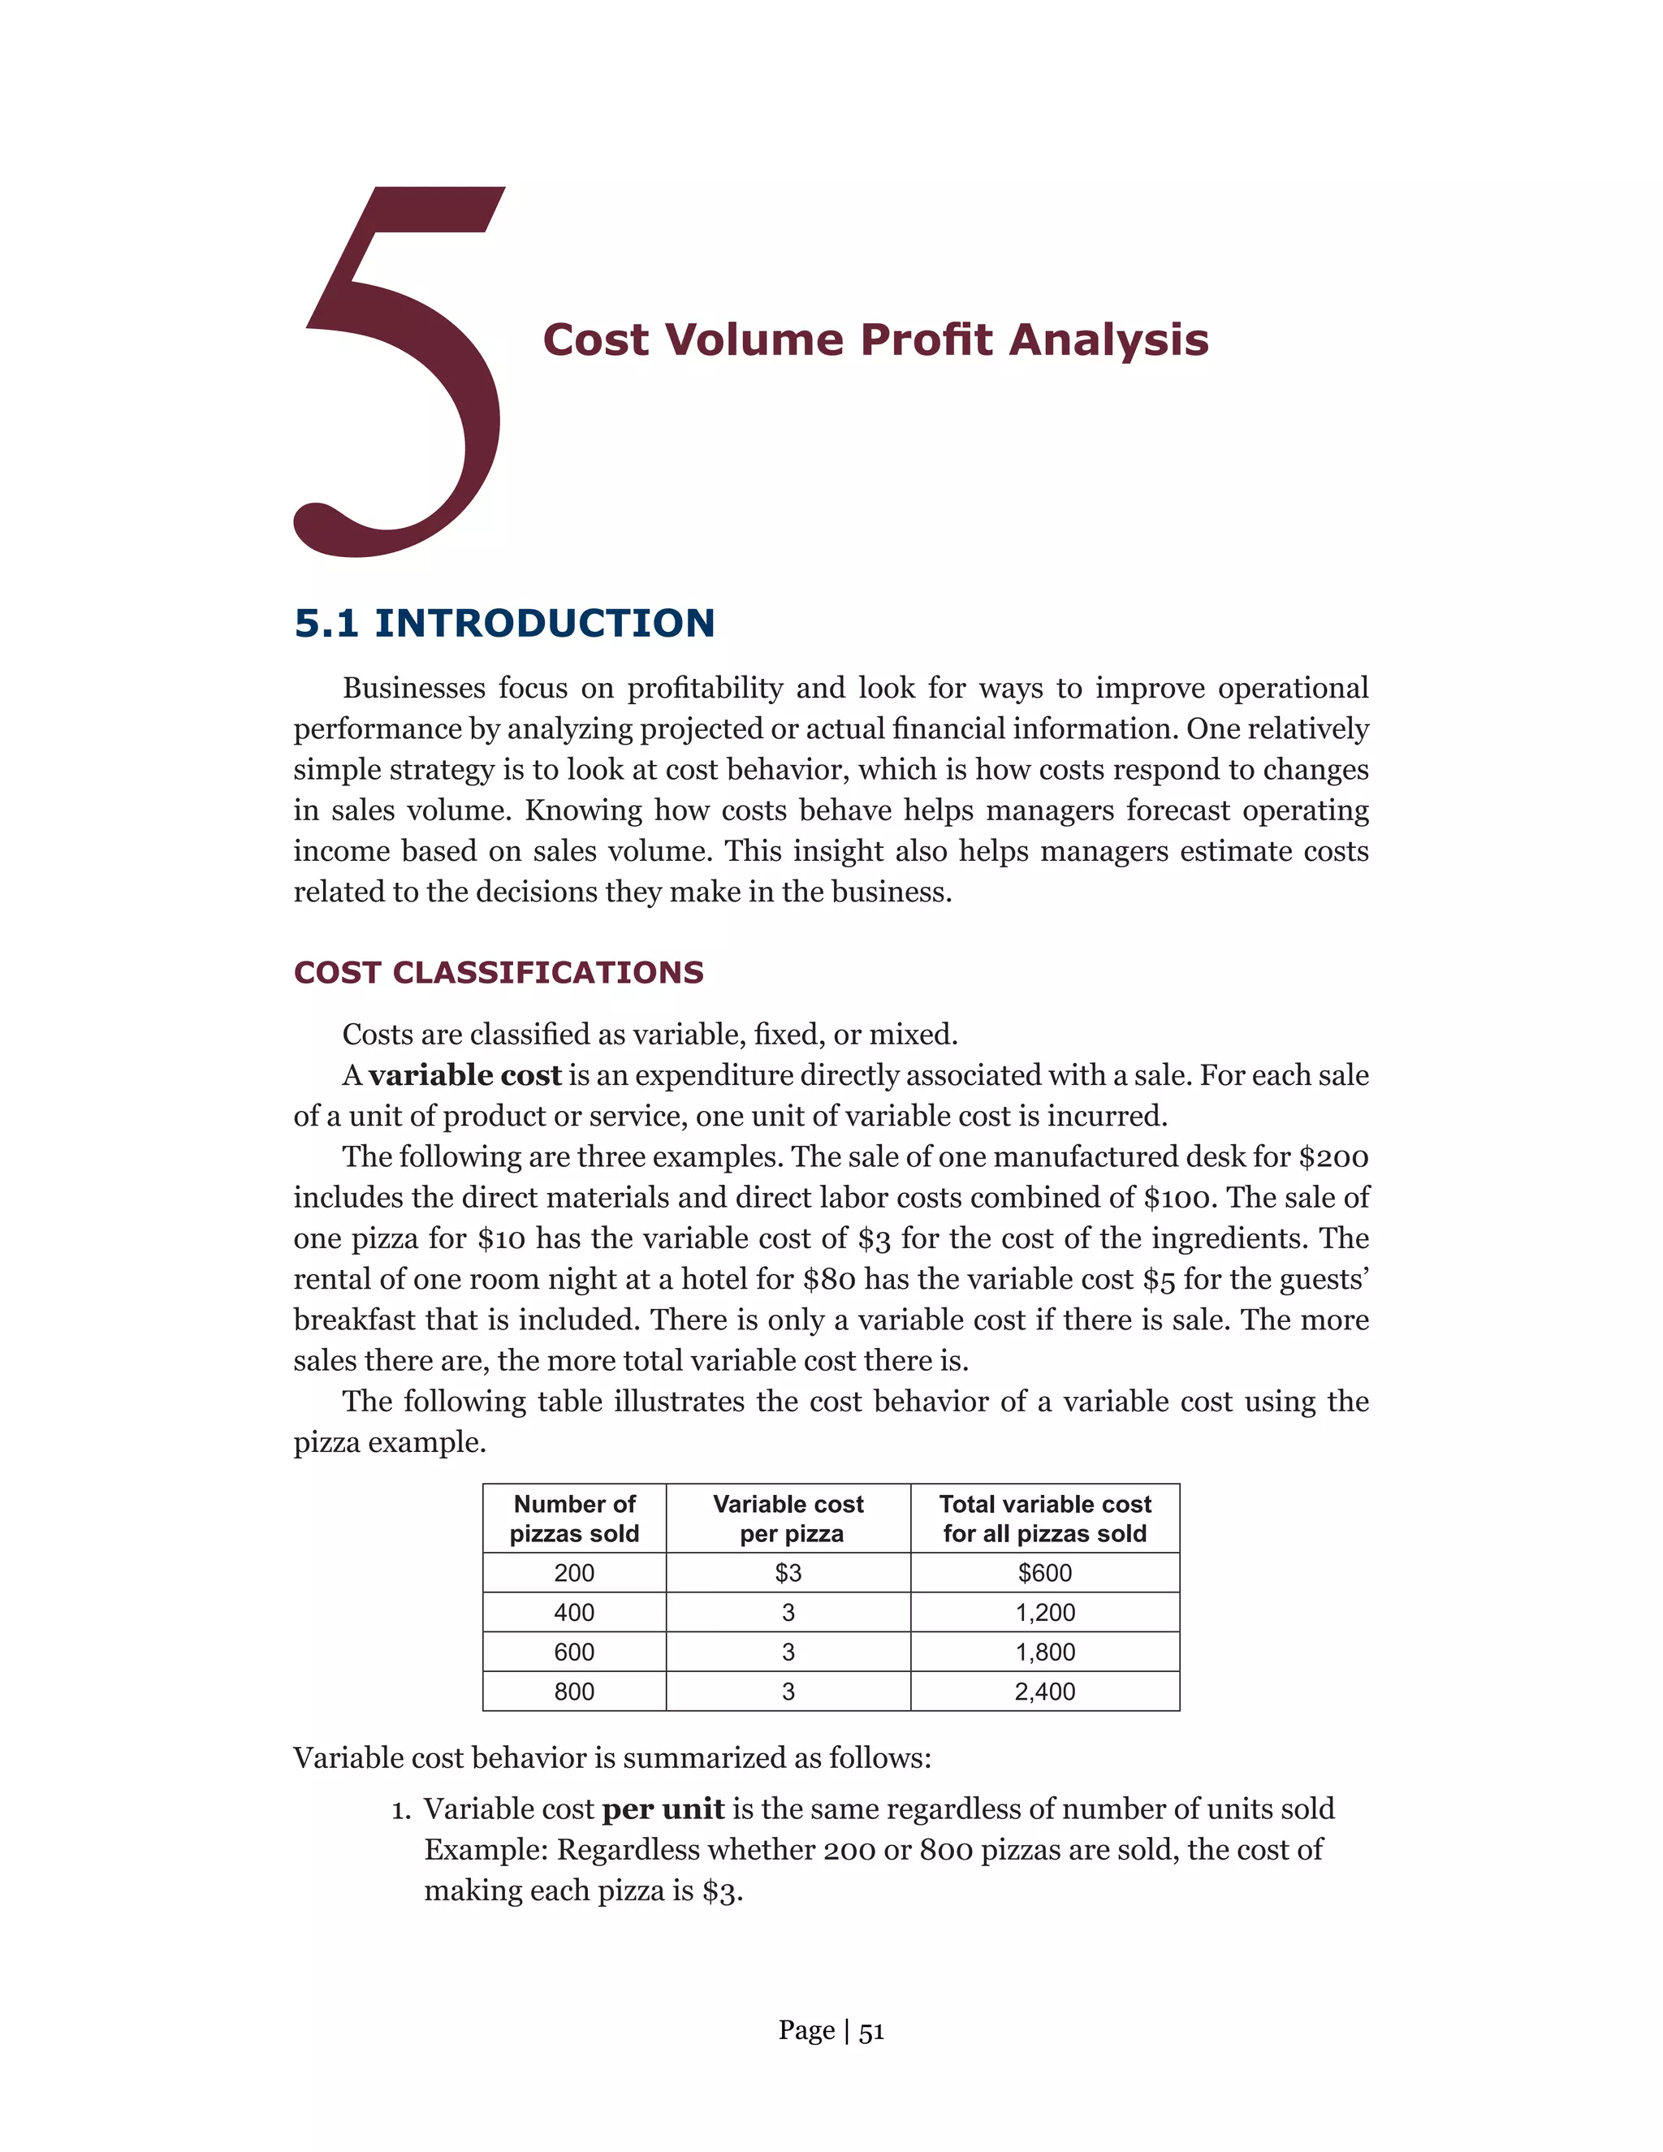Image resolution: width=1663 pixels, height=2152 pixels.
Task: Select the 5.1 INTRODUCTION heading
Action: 503,623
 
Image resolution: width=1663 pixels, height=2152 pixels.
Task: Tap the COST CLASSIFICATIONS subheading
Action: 499,973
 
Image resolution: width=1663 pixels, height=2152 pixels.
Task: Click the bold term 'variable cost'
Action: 465,1075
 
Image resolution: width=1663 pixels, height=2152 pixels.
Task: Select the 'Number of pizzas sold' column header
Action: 574,1519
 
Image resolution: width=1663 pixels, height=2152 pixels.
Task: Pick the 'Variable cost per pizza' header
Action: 788,1519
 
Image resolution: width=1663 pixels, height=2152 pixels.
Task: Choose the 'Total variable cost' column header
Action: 1044,1519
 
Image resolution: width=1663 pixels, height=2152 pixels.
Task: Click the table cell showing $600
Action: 1044,1573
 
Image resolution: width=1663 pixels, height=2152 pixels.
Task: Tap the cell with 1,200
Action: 1044,1612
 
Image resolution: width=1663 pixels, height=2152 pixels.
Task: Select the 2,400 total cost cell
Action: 1044,1691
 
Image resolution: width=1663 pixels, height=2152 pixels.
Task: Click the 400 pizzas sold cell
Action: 574,1612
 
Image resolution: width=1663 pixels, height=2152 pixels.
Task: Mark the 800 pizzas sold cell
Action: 574,1691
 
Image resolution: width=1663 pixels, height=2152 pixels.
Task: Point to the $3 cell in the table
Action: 788,1573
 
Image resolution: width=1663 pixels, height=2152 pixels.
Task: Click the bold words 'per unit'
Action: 663,1809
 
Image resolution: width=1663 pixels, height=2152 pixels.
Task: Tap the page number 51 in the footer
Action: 872,2032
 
